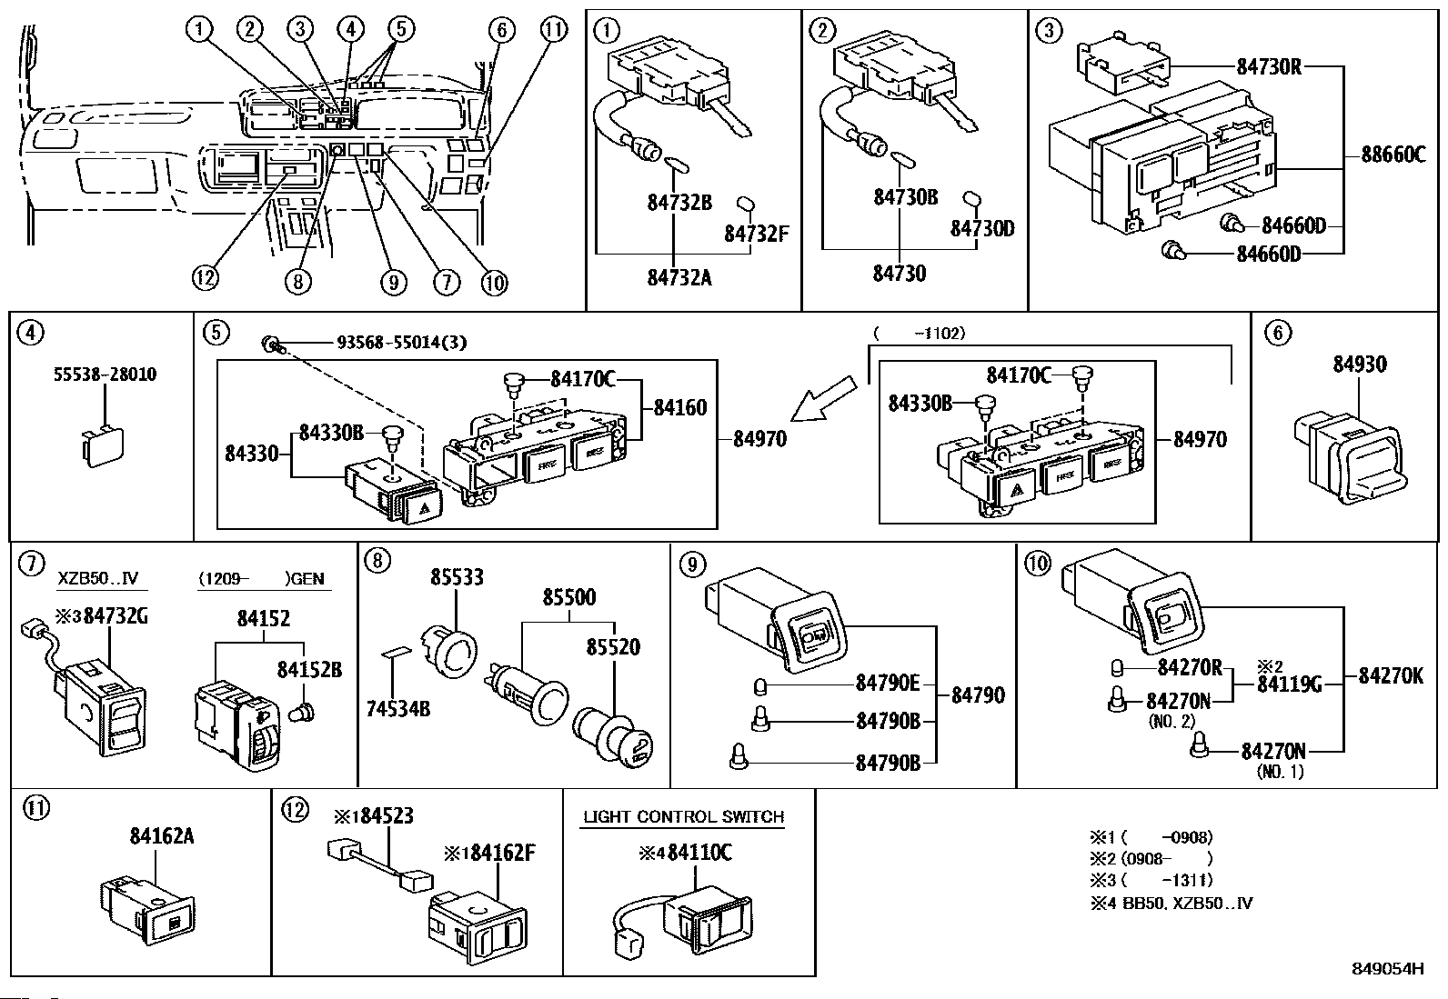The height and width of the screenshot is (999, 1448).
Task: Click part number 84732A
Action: click(x=679, y=277)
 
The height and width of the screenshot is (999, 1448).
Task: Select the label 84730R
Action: click(x=1269, y=66)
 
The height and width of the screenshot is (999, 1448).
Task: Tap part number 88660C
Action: click(x=1393, y=154)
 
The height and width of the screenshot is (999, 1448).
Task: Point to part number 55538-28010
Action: click(x=105, y=375)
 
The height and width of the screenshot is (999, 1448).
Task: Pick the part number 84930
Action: click(x=1360, y=365)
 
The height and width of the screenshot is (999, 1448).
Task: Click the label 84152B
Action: click(x=309, y=670)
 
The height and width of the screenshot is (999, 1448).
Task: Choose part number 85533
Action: click(x=457, y=577)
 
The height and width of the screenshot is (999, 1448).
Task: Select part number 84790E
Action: click(x=888, y=683)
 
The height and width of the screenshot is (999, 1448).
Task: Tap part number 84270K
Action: click(x=1391, y=675)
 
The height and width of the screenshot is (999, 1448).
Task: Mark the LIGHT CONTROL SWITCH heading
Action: click(x=683, y=816)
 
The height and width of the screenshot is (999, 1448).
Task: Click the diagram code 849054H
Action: click(x=1386, y=969)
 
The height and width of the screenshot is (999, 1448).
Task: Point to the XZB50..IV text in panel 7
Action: click(x=98, y=578)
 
